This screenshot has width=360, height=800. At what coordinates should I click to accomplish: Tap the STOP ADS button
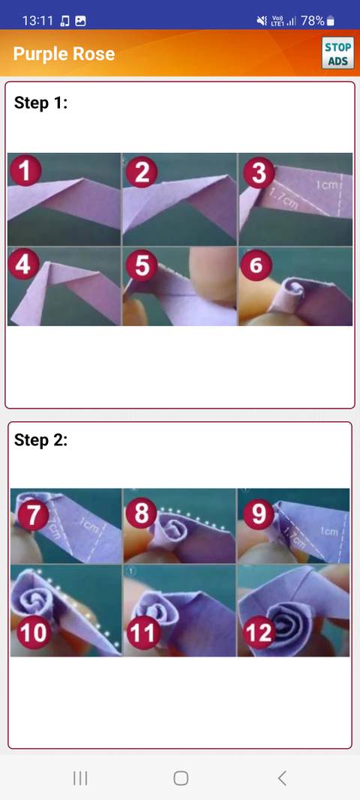click(337, 53)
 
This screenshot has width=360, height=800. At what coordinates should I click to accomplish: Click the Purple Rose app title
click(64, 54)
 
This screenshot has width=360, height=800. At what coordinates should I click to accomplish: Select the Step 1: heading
click(41, 103)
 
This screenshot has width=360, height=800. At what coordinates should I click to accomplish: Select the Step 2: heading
click(41, 440)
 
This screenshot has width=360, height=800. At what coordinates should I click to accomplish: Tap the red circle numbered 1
click(25, 172)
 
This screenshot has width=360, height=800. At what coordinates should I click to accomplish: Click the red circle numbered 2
click(141, 172)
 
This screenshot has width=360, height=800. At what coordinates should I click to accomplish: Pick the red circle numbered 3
click(258, 172)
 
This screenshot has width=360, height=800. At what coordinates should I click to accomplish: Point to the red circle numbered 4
click(25, 265)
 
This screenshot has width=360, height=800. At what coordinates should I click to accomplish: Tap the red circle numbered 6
click(257, 265)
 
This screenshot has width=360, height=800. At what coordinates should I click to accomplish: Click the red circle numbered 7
click(34, 514)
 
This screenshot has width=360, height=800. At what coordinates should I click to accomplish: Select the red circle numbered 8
click(141, 514)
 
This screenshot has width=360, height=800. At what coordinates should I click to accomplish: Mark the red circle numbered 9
click(259, 514)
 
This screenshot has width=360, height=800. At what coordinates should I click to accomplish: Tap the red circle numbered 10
click(32, 633)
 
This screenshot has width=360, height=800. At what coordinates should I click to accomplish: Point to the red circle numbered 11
click(142, 633)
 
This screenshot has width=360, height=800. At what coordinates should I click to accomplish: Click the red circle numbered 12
click(259, 633)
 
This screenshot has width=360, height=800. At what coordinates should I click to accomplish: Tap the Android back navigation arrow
click(282, 778)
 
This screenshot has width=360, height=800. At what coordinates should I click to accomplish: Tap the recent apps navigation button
click(80, 778)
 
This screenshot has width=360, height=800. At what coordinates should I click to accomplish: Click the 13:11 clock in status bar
click(37, 21)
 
